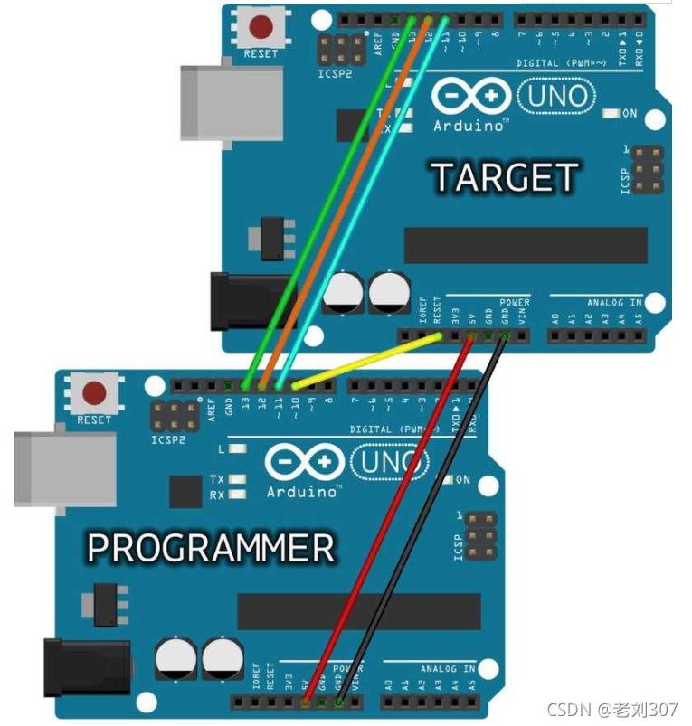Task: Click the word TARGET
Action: point(504,177)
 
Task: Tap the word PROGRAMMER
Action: point(211,548)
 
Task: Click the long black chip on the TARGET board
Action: point(525,244)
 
